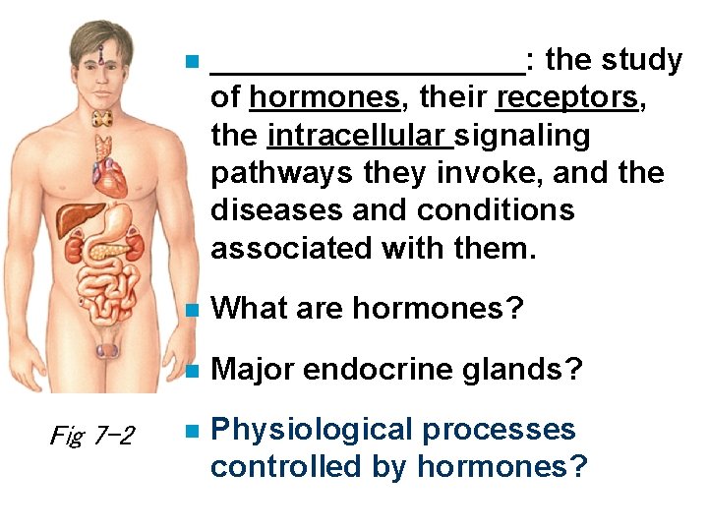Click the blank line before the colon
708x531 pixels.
coord(368,69)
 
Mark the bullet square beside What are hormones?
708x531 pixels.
coord(194,310)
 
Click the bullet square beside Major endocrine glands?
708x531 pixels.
coord(194,371)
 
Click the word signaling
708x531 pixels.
coord(524,136)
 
